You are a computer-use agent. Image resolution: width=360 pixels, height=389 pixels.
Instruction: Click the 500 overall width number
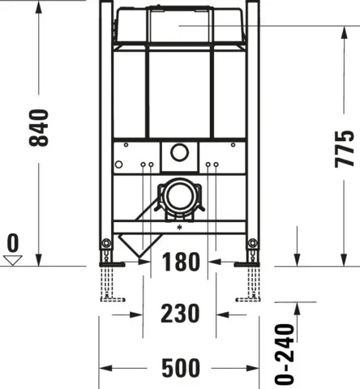(x=180, y=369)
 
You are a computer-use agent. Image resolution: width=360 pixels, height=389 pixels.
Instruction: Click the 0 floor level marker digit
(x=12, y=242)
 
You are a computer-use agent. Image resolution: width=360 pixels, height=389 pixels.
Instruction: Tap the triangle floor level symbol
(x=12, y=259)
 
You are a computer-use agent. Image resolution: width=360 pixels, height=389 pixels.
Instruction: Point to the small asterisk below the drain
(x=178, y=230)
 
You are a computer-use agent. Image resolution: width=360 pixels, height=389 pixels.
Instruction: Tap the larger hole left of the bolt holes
(x=118, y=166)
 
